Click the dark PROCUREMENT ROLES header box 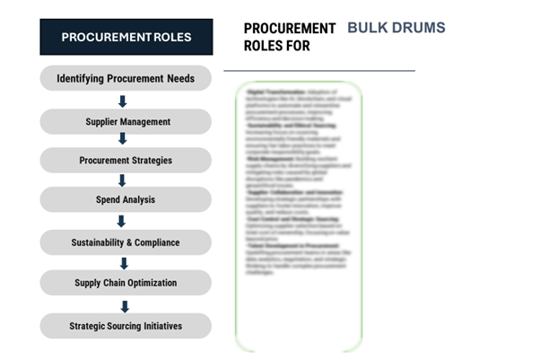pos(126,37)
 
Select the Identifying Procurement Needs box pos(126,78)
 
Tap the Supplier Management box pos(126,121)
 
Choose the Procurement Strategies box pos(126,161)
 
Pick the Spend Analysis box pos(126,199)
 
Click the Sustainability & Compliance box pos(126,242)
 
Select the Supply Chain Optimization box pos(126,283)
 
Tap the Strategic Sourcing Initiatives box pos(126,325)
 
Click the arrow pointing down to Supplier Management pos(123,101)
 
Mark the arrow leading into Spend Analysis pos(123,180)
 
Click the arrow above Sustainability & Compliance pos(123,221)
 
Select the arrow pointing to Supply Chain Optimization pos(124,263)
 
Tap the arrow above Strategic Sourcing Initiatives pos(124,305)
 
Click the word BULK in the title pos(367,28)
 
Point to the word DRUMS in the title pos(418,28)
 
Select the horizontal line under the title pos(318,69)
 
